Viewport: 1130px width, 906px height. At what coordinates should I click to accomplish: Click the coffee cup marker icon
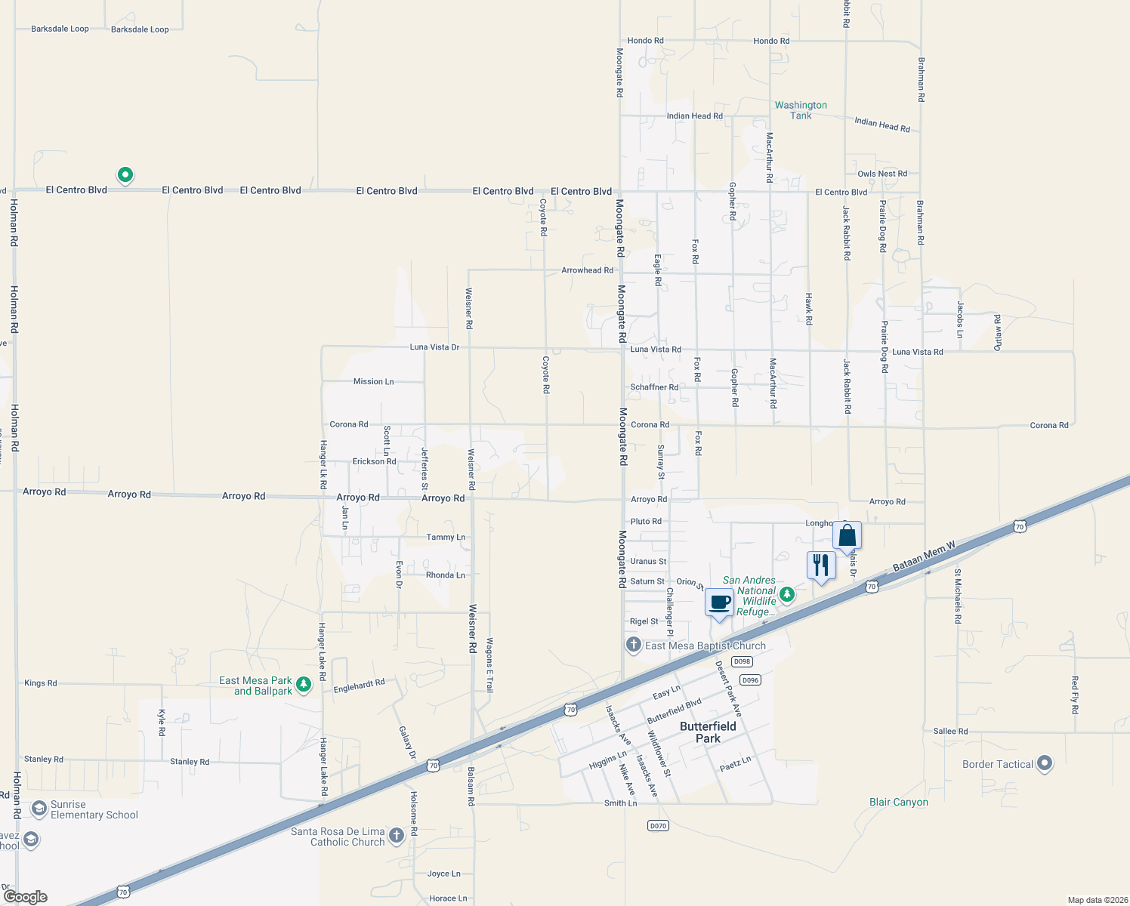pyautogui.click(x=719, y=603)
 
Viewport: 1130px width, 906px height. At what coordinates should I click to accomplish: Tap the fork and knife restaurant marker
pyautogui.click(x=821, y=565)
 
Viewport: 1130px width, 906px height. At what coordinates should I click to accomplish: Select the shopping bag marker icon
pyautogui.click(x=847, y=536)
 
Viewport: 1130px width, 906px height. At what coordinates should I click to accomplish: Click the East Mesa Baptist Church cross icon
pyautogui.click(x=633, y=645)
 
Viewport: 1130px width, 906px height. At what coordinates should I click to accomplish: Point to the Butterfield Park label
pyautogui.click(x=708, y=732)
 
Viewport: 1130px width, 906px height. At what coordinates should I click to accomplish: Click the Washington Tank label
pyautogui.click(x=801, y=110)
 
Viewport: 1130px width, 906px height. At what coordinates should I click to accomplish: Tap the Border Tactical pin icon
pyautogui.click(x=1045, y=763)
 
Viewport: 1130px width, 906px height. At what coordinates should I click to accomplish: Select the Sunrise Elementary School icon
pyautogui.click(x=39, y=809)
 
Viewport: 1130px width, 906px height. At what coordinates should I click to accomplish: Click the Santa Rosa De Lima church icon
pyautogui.click(x=397, y=836)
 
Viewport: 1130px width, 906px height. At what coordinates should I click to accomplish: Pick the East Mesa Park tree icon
pyautogui.click(x=304, y=685)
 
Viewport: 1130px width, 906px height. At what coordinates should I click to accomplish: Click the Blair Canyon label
pyautogui.click(x=898, y=803)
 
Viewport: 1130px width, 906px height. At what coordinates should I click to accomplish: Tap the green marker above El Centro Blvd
pyautogui.click(x=125, y=175)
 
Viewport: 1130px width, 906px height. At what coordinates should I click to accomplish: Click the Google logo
pyautogui.click(x=26, y=897)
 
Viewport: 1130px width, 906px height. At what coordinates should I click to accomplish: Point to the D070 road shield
pyautogui.click(x=658, y=826)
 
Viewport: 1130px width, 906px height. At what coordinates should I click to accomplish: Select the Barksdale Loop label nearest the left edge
pyautogui.click(x=60, y=29)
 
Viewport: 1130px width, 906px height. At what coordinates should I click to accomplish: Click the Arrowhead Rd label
pyautogui.click(x=587, y=270)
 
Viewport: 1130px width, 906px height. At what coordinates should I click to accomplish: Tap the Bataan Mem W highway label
pyautogui.click(x=924, y=556)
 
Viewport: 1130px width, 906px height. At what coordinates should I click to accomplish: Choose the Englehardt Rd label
pyautogui.click(x=359, y=686)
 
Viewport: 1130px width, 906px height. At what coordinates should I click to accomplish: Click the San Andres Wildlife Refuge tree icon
pyautogui.click(x=787, y=594)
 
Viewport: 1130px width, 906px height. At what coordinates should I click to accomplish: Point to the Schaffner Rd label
pyautogui.click(x=654, y=387)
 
